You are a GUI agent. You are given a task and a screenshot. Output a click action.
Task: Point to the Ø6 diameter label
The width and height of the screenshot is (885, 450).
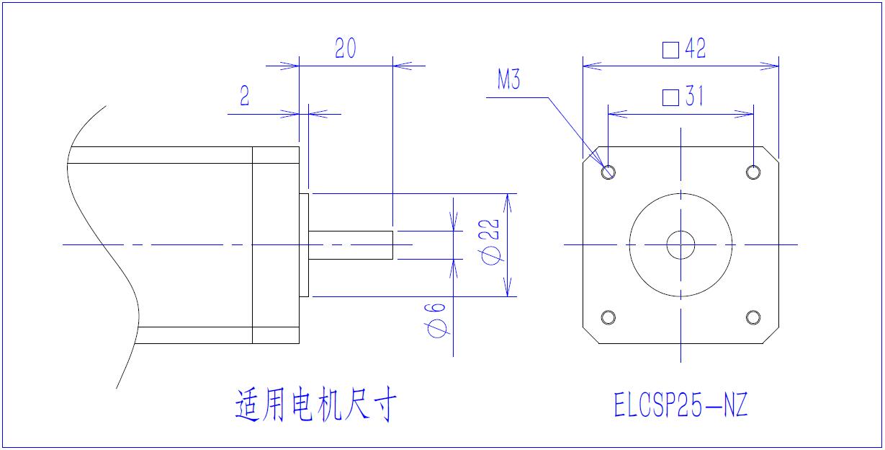tap(437, 319)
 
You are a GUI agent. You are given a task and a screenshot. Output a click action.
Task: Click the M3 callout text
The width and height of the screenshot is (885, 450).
tap(508, 81)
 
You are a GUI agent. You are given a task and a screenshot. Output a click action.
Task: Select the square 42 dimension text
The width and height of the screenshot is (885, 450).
tap(684, 49)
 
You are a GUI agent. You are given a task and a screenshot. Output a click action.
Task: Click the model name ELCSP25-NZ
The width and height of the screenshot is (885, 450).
tap(680, 406)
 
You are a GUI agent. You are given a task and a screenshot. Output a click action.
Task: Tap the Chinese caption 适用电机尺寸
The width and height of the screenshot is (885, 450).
tap(315, 406)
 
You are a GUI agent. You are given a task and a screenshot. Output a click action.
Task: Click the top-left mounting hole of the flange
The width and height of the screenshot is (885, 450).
tap(608, 172)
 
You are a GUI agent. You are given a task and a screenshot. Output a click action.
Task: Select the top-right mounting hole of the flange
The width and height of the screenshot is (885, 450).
tap(753, 172)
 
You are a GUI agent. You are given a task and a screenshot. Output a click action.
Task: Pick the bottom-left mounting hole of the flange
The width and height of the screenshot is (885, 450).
tap(608, 317)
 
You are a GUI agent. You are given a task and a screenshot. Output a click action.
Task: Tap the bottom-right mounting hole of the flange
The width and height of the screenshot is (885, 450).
tap(753, 317)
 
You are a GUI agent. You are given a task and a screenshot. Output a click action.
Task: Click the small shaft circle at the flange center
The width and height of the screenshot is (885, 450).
tap(680, 245)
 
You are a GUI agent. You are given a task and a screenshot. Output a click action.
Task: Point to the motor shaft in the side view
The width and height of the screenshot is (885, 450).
tap(351, 245)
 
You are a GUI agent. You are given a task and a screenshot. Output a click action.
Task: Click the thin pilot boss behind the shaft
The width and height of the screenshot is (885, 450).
tap(304, 245)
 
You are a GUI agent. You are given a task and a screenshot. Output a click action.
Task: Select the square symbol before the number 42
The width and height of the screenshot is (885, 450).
tap(670, 50)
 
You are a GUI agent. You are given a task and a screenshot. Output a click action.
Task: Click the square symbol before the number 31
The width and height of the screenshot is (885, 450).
tap(670, 97)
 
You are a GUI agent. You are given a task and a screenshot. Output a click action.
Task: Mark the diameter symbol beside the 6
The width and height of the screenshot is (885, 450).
tap(437, 330)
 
